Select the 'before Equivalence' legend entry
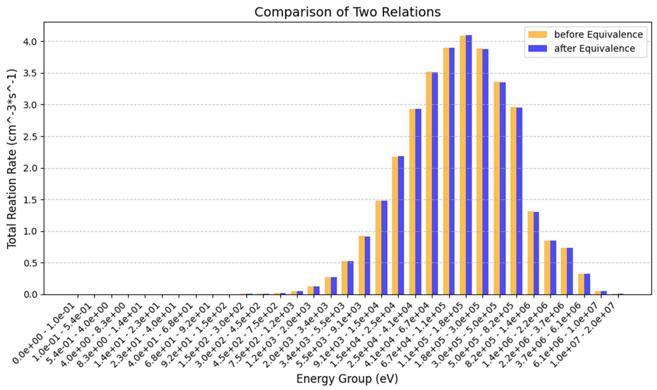coord(598,34)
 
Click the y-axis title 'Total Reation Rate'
coord(12,159)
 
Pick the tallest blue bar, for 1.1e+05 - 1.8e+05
coord(469,166)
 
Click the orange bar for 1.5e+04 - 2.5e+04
coord(395,226)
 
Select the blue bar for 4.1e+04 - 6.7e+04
coord(435,184)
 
